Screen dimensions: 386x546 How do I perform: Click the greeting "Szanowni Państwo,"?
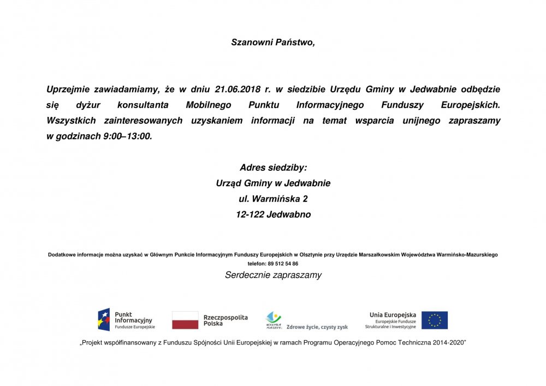tap(273, 42)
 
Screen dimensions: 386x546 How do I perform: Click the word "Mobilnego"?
tap(208, 105)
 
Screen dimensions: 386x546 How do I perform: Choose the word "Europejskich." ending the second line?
tap(470, 105)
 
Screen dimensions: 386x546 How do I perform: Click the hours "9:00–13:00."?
tap(128, 136)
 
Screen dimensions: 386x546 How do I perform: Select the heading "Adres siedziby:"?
tap(273, 168)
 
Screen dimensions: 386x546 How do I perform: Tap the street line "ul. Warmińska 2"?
tap(273, 199)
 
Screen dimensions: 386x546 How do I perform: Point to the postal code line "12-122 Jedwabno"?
tap(273, 215)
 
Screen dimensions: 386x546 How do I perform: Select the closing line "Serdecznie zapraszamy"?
tap(273, 275)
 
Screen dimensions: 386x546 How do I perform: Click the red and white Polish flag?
tap(185, 320)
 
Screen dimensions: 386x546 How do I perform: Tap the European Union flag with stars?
tap(435, 320)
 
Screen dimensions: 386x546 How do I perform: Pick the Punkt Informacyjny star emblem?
tap(104, 320)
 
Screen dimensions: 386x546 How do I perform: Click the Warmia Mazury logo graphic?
tap(274, 319)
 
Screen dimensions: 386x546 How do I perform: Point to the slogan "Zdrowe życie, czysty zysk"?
tap(317, 327)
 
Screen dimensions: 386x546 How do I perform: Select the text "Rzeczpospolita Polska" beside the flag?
tap(225, 320)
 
